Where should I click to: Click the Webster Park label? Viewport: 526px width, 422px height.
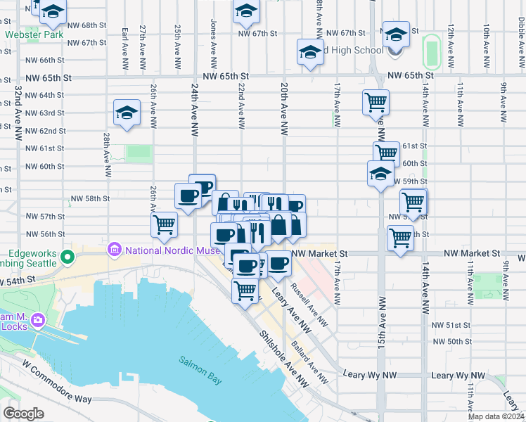(x=24, y=33)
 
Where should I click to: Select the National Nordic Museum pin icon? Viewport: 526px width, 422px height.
(x=113, y=250)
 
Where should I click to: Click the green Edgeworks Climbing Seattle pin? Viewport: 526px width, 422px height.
(x=68, y=257)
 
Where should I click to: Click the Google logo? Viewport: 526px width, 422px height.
(x=24, y=413)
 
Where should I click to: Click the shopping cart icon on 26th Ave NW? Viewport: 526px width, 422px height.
(x=164, y=224)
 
